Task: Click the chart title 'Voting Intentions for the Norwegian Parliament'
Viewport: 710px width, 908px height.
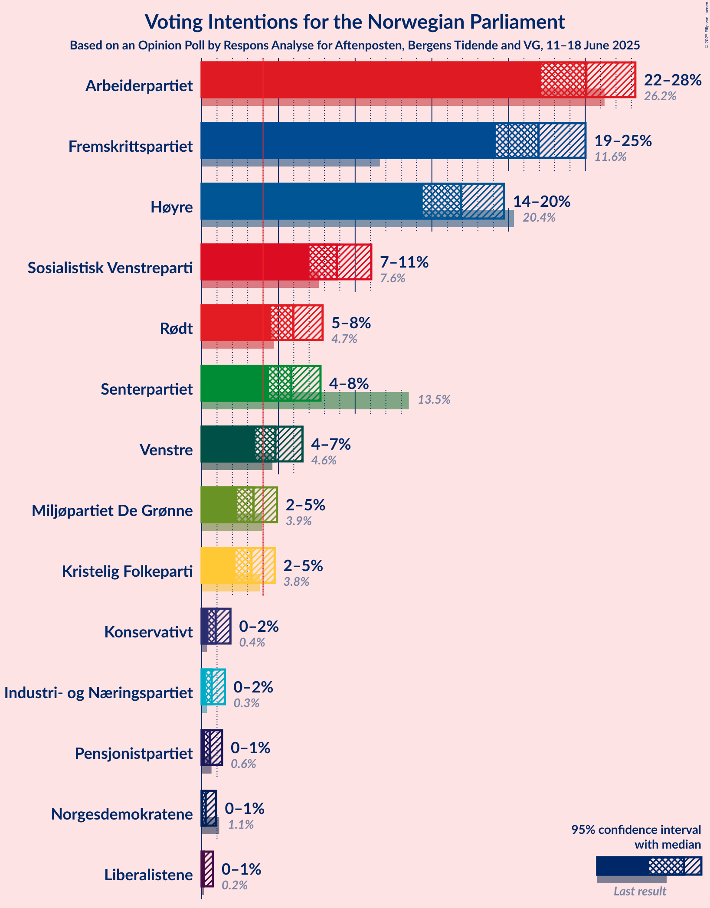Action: point(355,22)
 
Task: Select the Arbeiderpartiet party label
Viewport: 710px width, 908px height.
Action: point(139,86)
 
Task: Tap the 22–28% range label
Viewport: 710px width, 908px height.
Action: point(673,80)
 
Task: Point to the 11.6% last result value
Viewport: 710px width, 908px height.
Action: point(610,157)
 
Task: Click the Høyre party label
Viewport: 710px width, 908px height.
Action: point(171,207)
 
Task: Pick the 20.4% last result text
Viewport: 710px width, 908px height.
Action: point(539,218)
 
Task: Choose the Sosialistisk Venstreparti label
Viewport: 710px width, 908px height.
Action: point(110,268)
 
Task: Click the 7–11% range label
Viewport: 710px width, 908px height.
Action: point(404,262)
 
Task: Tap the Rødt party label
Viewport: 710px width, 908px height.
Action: point(176,329)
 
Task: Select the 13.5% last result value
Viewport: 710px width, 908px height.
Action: point(434,400)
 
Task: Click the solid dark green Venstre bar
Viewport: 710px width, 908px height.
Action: point(228,444)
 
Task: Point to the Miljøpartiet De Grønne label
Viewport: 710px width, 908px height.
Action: point(112,511)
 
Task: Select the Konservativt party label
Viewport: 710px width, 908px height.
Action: point(148,632)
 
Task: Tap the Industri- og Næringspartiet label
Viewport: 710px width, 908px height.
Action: point(98,693)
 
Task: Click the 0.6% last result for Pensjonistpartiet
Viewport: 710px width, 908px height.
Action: point(243,764)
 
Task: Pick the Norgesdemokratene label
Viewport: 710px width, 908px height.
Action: point(122,814)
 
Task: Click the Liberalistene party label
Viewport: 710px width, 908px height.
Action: point(148,875)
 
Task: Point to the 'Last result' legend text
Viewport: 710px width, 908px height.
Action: point(640,892)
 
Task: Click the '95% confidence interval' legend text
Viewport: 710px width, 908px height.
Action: point(636,830)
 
